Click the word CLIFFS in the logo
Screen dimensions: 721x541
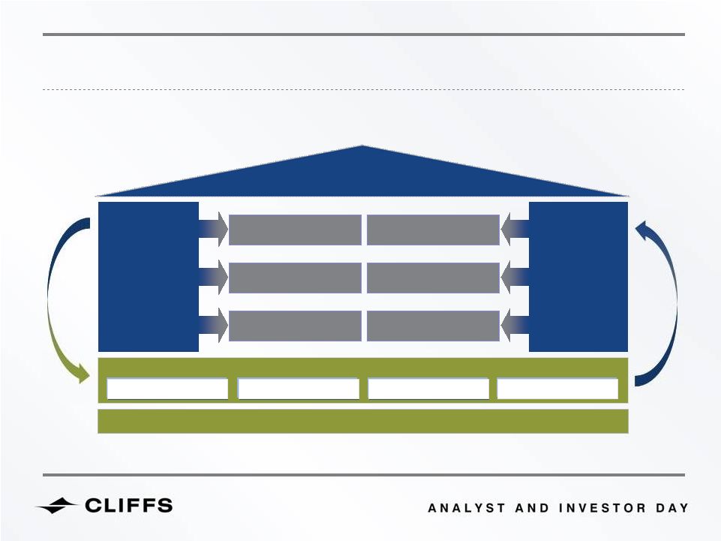[129, 505]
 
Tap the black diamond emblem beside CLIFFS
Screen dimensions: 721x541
[57, 505]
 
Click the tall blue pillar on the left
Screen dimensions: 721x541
[149, 276]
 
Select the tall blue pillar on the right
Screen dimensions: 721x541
[578, 276]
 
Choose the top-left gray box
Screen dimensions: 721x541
[295, 230]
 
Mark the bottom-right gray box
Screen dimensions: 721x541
[433, 326]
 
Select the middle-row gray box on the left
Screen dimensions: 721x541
[295, 278]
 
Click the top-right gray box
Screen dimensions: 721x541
[433, 230]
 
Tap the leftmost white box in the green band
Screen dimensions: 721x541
[167, 389]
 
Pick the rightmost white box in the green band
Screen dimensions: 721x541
[557, 389]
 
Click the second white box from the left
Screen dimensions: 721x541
[299, 389]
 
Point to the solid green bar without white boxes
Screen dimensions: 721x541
[363, 422]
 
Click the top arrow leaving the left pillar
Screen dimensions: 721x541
[213, 229]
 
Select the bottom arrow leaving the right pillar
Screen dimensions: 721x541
[515, 325]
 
